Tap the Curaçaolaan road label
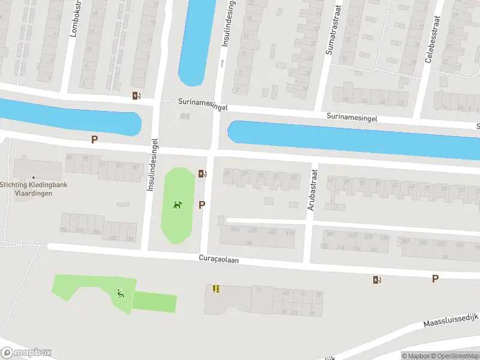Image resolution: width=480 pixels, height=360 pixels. (x=223, y=259)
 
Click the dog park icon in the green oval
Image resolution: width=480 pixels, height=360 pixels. (x=178, y=206)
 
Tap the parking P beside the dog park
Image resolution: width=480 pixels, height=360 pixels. (x=202, y=205)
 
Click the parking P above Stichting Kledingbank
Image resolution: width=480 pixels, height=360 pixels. (x=94, y=139)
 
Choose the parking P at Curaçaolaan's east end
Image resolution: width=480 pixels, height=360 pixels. (x=435, y=278)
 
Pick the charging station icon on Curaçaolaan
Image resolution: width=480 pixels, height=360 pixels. (x=377, y=279)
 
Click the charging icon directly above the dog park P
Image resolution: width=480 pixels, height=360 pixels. (x=202, y=174)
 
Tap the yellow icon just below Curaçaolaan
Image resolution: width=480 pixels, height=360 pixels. (x=216, y=289)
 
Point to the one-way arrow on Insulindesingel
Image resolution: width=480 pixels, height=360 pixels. (x=222, y=62)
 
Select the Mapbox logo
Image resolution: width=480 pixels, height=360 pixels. (x=26, y=353)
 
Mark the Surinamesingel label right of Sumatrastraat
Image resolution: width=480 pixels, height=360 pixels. (x=352, y=118)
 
